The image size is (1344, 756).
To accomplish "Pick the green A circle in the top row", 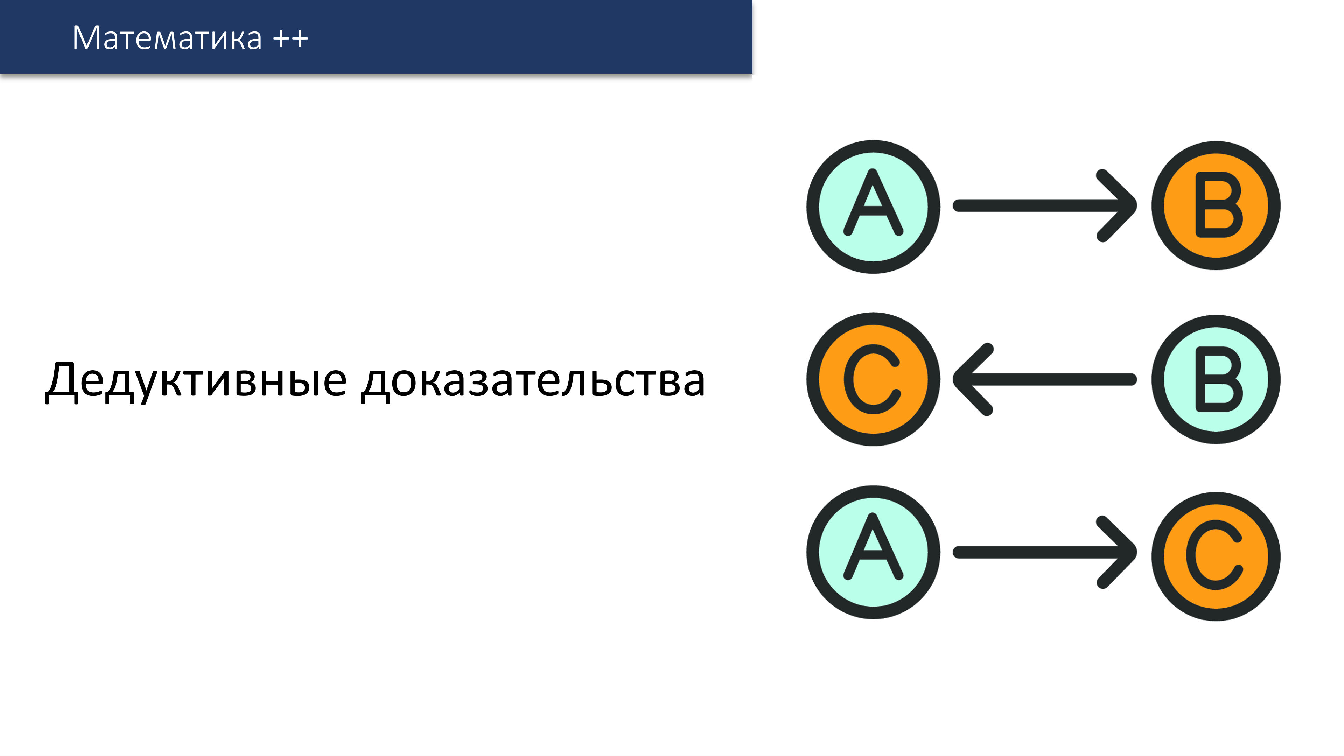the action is point(873,206).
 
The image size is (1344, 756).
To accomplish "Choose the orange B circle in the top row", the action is point(1216,205).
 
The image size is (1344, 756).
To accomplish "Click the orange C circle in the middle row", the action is point(873,379).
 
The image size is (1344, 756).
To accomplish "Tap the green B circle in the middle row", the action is point(1216,379).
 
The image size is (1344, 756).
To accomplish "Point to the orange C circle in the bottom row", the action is point(1216,556).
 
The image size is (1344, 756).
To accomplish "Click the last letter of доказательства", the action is point(692,385).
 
